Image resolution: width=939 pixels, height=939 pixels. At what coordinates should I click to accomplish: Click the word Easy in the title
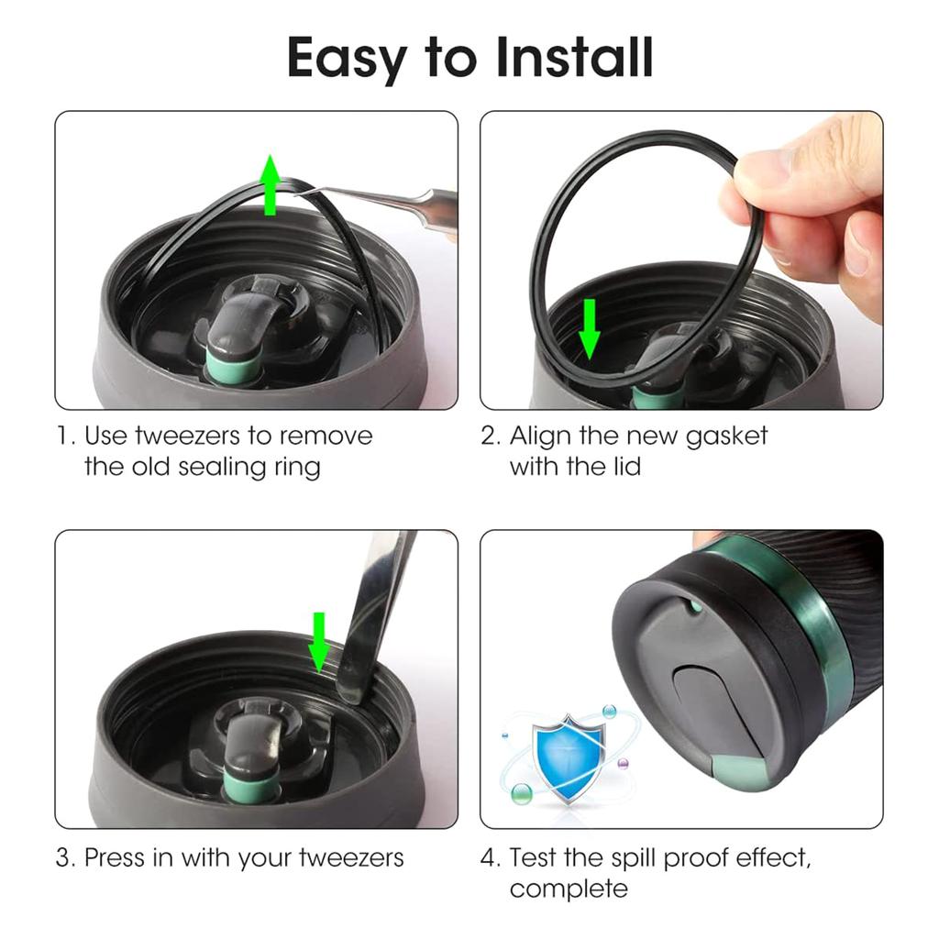tap(347, 59)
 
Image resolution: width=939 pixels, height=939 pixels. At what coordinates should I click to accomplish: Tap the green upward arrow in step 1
tap(270, 185)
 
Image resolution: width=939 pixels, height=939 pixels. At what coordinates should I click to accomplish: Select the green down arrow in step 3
tap(319, 642)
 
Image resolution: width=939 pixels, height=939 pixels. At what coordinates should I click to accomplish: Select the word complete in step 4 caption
tap(569, 889)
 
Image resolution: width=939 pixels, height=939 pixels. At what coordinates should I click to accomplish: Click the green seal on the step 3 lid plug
tap(249, 788)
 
